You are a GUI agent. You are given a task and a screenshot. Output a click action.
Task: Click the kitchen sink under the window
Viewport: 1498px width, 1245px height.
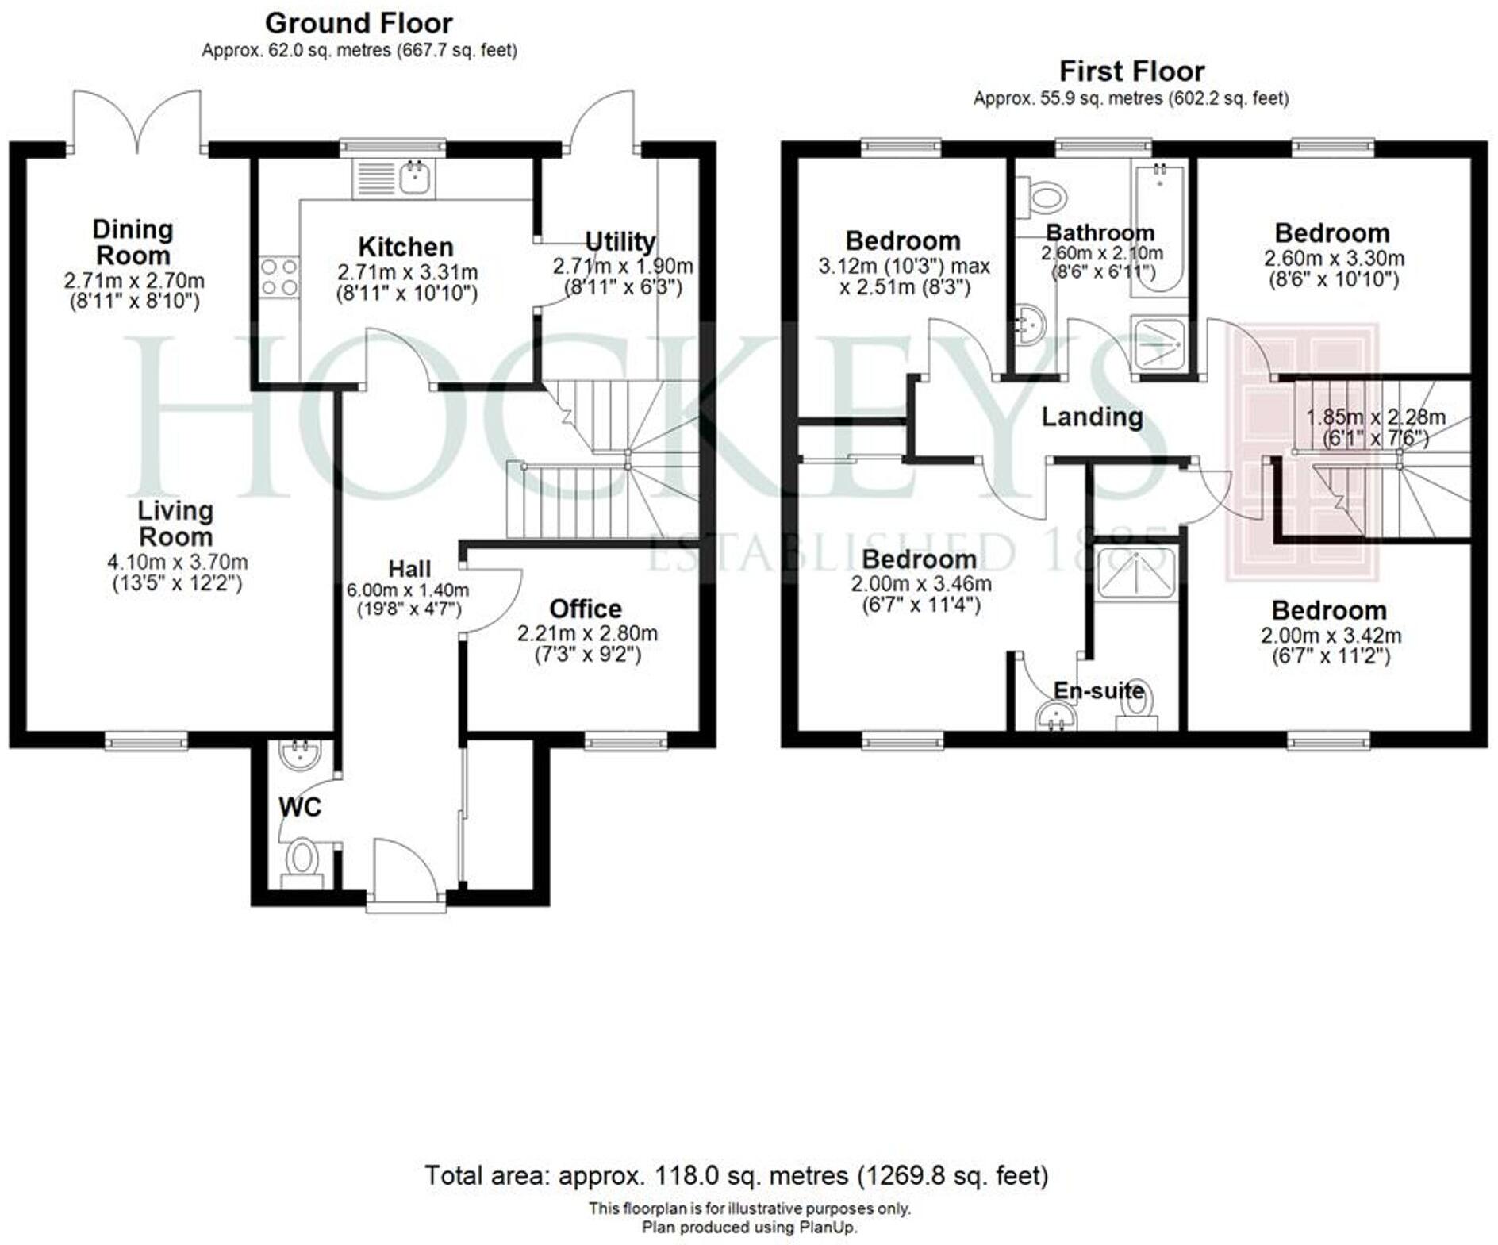[x=415, y=178]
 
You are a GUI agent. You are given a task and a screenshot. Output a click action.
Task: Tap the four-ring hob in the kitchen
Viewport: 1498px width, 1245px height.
[x=278, y=277]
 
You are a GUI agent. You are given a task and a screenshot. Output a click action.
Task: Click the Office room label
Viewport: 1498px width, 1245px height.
[x=586, y=609]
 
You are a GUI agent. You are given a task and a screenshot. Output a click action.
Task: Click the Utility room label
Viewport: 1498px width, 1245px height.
[x=620, y=241]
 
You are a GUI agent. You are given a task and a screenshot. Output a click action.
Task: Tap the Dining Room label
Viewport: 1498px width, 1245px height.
[x=133, y=242]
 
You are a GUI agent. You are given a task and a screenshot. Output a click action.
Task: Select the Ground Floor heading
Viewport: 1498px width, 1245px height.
[x=359, y=23]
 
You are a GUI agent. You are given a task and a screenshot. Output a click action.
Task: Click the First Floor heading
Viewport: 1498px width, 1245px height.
[x=1131, y=71]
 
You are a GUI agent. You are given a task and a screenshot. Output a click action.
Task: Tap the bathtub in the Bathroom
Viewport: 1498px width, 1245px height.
[x=1159, y=230]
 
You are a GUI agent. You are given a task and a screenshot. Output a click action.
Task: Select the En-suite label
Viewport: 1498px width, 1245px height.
[x=1098, y=690]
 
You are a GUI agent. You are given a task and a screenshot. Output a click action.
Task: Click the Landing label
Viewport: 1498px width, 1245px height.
[x=1092, y=417]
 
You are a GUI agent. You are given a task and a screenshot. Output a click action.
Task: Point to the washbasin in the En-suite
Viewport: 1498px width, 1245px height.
[x=1056, y=718]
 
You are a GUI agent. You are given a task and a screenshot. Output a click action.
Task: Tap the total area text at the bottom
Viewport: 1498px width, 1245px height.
[x=736, y=1175]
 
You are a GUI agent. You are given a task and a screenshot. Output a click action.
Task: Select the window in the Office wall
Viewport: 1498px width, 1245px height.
[x=626, y=742]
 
